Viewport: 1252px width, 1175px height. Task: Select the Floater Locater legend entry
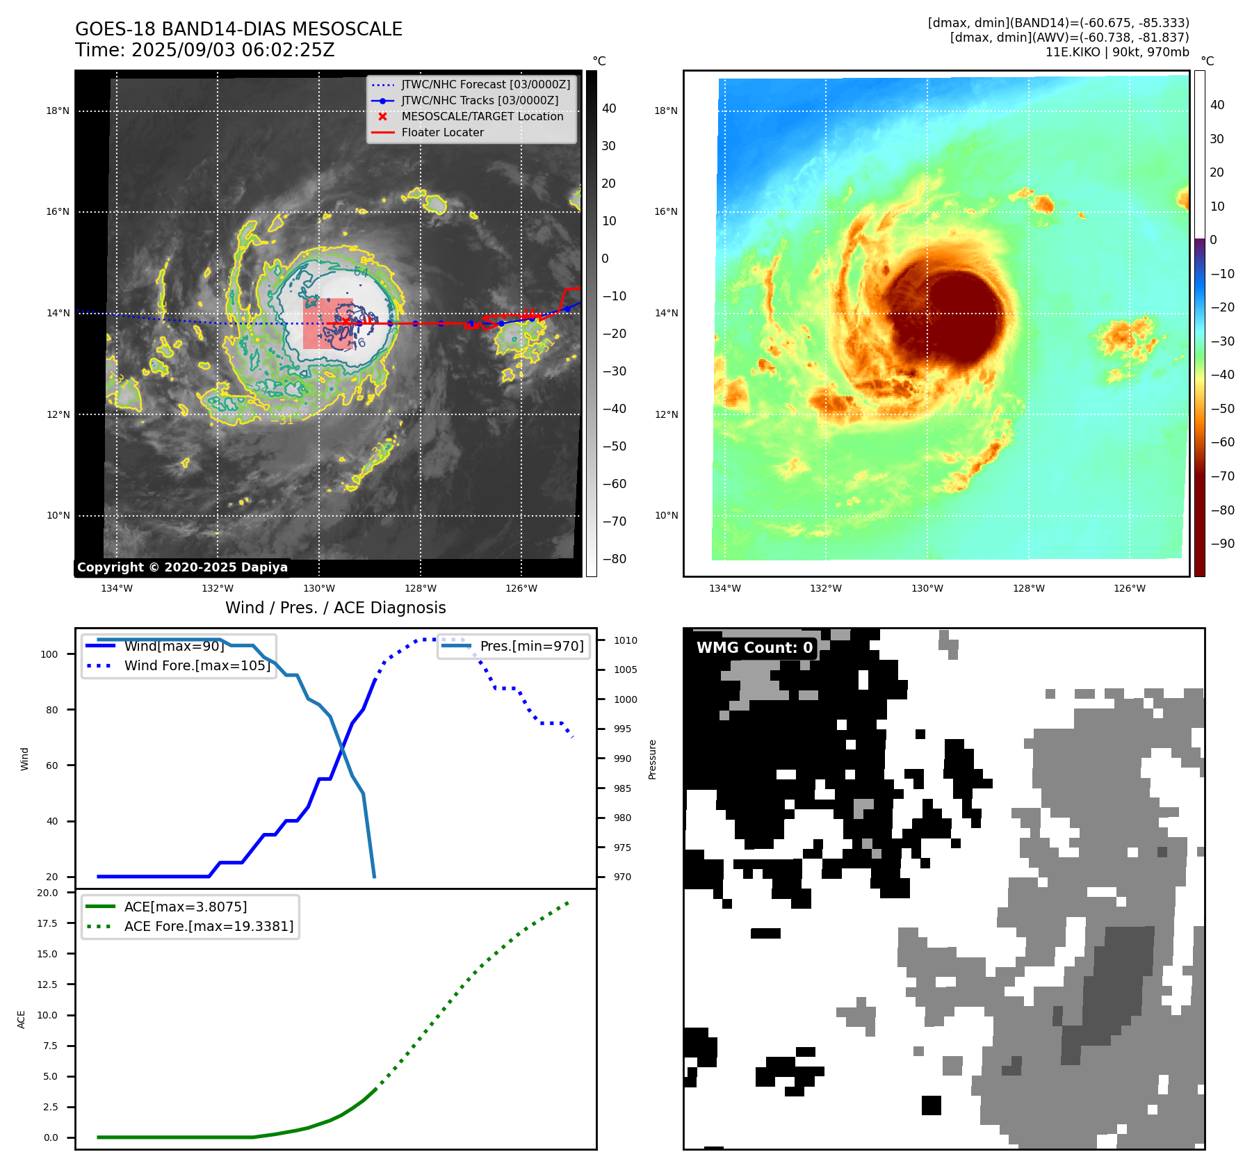click(442, 133)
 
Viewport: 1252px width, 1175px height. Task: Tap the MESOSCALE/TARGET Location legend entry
click(482, 117)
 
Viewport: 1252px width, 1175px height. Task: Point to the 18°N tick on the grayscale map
click(58, 111)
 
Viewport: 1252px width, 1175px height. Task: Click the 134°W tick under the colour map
click(724, 588)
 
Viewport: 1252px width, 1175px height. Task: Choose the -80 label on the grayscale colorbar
click(614, 559)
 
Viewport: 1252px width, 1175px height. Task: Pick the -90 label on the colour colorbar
click(1222, 544)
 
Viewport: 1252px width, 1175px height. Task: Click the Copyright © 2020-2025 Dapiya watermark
click(182, 567)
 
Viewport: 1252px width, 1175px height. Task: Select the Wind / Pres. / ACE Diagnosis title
click(335, 608)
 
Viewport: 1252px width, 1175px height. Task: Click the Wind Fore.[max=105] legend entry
click(197, 665)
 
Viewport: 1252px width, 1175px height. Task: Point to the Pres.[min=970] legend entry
click(532, 646)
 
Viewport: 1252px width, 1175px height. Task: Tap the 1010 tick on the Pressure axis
click(625, 640)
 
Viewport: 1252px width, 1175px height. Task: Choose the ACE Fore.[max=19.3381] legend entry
click(209, 926)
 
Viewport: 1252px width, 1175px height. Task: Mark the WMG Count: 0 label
click(754, 648)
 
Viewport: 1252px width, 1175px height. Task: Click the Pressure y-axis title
click(652, 759)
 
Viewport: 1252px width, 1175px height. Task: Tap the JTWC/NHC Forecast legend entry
click(485, 85)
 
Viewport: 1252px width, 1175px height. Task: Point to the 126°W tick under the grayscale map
click(521, 588)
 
